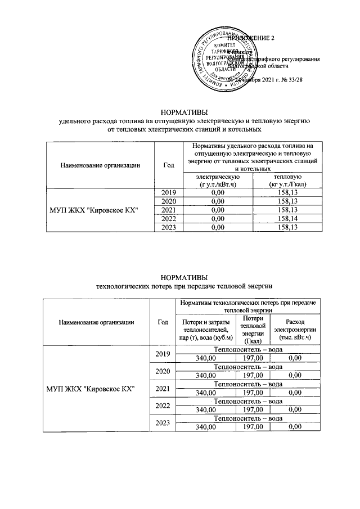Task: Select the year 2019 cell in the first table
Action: click(x=169, y=193)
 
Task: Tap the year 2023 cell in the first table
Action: click(x=169, y=227)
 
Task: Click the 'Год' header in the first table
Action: click(x=169, y=165)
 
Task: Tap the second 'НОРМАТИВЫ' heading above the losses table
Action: click(x=184, y=277)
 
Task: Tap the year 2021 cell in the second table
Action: click(x=163, y=388)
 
